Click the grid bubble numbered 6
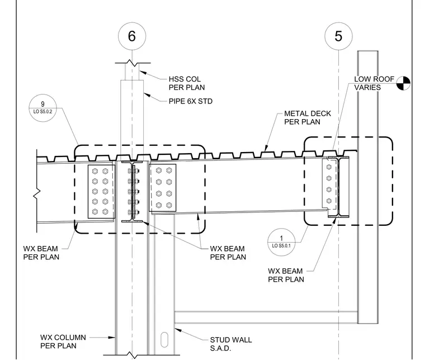(x=132, y=36)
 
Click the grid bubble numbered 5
(x=338, y=36)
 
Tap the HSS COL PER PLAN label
(x=187, y=83)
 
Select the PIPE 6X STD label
(x=191, y=101)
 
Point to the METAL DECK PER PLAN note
(x=308, y=117)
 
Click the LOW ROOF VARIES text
(x=374, y=83)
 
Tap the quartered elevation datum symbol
(x=403, y=83)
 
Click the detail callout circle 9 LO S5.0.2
(x=43, y=108)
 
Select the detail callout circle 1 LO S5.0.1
(x=281, y=242)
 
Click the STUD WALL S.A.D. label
(x=231, y=344)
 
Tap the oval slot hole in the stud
(x=164, y=339)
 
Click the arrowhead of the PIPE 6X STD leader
(x=147, y=95)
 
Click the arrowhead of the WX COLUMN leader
(x=112, y=338)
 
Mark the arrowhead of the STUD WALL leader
(x=178, y=330)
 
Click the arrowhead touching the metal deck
(x=266, y=148)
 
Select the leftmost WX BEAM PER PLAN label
(x=41, y=253)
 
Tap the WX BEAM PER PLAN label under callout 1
(x=286, y=275)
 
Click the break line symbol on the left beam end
(x=37, y=193)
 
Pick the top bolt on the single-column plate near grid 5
(x=329, y=167)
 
